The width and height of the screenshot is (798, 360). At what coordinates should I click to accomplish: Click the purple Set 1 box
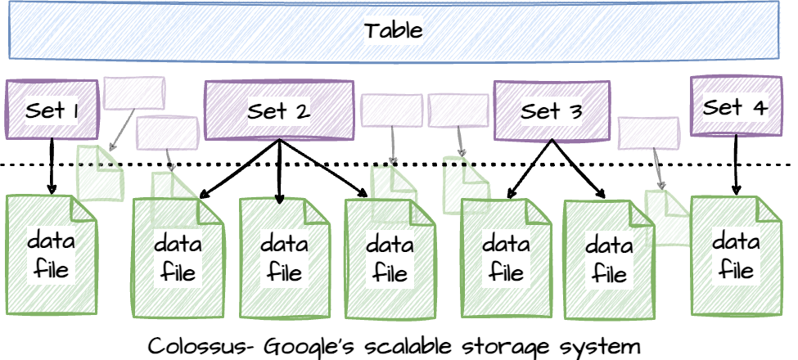(52, 110)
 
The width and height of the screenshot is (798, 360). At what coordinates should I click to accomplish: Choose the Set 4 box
(735, 106)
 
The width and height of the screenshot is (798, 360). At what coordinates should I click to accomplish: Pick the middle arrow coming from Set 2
(279, 172)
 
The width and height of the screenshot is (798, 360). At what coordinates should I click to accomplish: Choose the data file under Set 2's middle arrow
(283, 257)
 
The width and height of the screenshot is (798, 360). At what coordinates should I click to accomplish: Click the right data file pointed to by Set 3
(606, 258)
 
